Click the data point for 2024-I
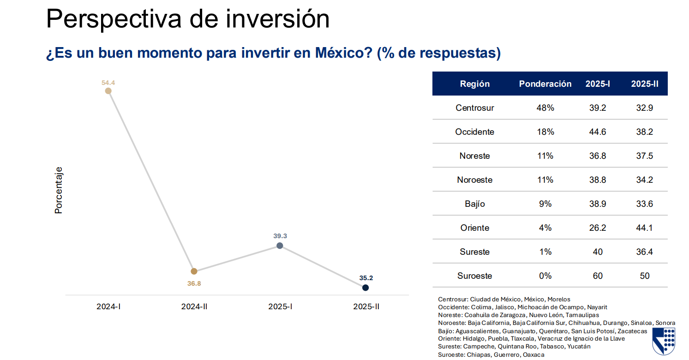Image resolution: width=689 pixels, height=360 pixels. (x=108, y=91)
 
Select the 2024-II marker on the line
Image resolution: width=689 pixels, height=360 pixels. (x=194, y=271)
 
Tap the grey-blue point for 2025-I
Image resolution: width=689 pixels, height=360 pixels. (x=280, y=246)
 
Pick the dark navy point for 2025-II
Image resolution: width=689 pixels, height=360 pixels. (x=365, y=288)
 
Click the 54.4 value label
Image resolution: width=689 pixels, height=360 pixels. (x=108, y=83)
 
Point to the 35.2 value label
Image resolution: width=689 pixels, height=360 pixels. (x=366, y=278)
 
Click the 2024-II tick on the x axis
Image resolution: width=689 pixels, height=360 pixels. (x=194, y=306)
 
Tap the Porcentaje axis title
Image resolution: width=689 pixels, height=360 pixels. (x=59, y=190)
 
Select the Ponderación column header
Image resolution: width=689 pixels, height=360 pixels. (x=545, y=84)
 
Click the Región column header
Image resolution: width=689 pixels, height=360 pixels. (x=474, y=84)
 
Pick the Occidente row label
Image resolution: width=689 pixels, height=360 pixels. (x=474, y=132)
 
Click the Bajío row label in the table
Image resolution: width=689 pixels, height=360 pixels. (x=474, y=204)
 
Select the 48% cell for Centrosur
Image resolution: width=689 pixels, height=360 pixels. (x=545, y=108)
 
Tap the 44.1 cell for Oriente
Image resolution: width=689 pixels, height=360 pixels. (x=644, y=228)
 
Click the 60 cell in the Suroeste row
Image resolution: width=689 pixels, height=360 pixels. (x=598, y=276)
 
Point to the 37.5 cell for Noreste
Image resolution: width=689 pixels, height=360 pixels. (x=644, y=156)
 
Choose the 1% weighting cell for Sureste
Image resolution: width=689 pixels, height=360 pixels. (x=545, y=252)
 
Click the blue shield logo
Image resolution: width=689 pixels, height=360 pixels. (x=664, y=341)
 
